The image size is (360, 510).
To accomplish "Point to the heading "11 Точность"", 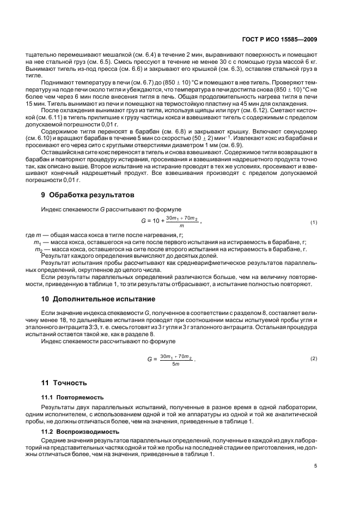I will (x=64, y=384).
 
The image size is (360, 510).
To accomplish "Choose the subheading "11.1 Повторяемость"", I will (x=72, y=397).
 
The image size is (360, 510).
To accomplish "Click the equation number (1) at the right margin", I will (x=314, y=222).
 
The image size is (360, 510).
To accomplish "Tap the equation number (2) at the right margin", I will (x=314, y=359).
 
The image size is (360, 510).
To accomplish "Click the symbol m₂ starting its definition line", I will (x=38, y=250).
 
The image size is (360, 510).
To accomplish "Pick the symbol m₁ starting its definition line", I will (x=38, y=242).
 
